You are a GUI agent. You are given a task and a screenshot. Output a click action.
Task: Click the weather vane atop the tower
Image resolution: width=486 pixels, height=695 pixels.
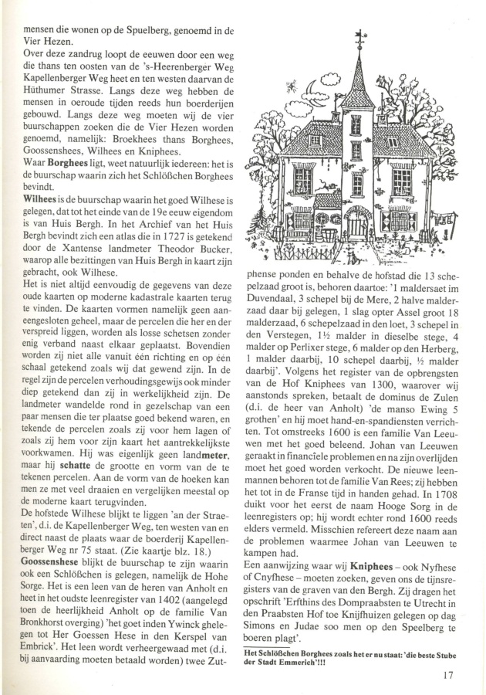click(x=359, y=39)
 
